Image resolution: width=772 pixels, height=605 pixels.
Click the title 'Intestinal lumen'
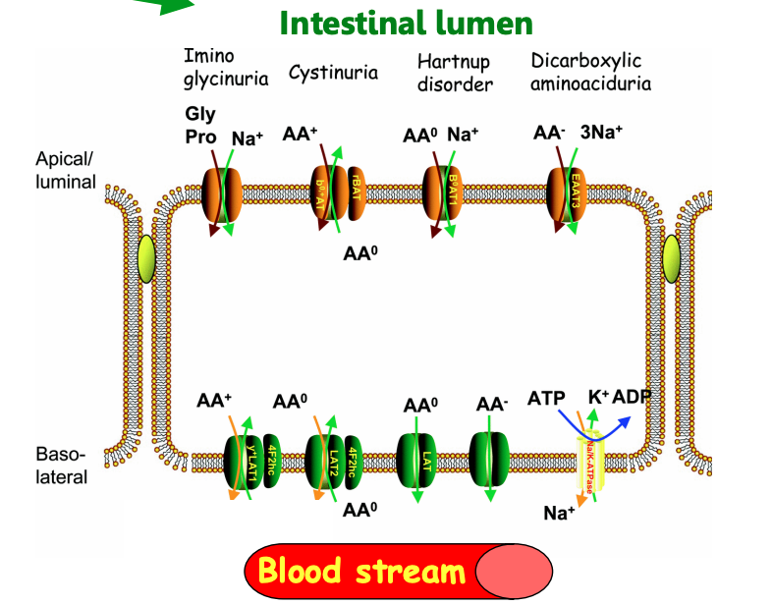click(x=407, y=23)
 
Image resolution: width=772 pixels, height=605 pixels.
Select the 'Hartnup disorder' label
click(x=455, y=74)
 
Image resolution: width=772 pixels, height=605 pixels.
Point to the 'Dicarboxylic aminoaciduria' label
click(x=590, y=73)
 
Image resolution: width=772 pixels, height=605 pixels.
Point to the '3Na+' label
click(x=600, y=133)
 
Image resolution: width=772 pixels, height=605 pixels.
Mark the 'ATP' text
click(x=546, y=399)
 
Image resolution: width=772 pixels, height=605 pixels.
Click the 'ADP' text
click(x=634, y=398)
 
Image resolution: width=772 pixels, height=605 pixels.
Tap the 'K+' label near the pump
click(x=598, y=398)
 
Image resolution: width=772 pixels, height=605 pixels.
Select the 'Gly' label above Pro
click(x=200, y=114)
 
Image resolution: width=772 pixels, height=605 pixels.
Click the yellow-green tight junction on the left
click(x=145, y=259)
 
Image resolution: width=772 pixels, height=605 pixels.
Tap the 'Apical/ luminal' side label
click(x=66, y=169)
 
